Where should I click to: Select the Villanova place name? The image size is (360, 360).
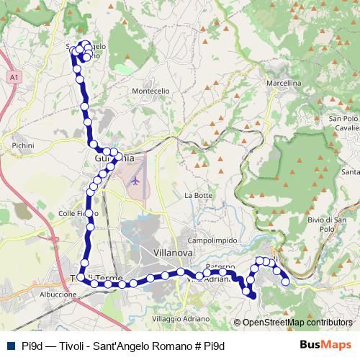click(174, 253)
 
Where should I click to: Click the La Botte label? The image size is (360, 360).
click(199, 195)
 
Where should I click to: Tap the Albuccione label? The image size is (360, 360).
click(58, 294)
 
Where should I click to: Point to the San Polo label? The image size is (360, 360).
click(343, 118)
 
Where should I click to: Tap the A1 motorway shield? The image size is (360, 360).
click(14, 76)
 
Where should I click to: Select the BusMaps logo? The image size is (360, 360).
click(325, 345)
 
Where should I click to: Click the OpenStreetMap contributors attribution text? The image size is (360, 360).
click(297, 323)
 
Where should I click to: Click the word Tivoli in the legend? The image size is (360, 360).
click(77, 346)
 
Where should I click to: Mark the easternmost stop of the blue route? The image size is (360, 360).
click(285, 282)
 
